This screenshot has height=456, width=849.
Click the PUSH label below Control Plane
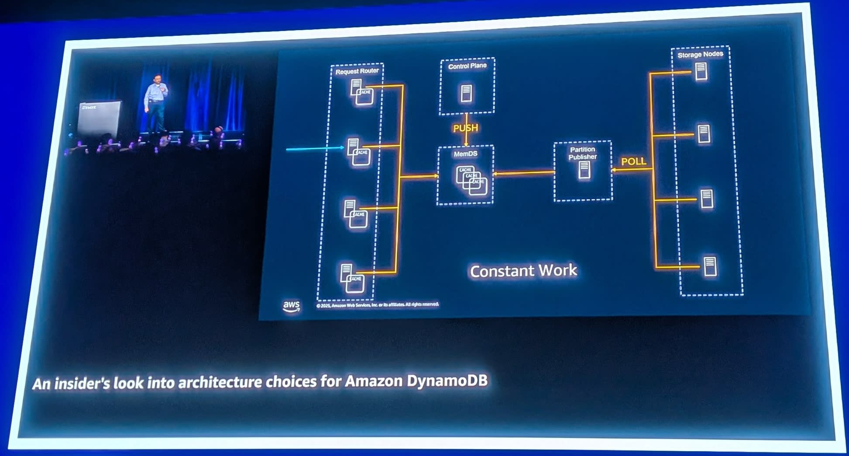465,128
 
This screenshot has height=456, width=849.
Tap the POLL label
633,161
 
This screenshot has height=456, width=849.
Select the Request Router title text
357,71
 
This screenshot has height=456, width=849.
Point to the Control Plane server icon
466,93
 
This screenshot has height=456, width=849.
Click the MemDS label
465,154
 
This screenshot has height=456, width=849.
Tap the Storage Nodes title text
700,55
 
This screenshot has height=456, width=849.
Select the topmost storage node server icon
701,72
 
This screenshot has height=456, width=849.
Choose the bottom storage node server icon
710,266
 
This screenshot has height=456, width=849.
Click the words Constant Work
523,271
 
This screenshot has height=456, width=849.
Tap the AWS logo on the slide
291,306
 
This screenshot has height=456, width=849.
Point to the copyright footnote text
378,305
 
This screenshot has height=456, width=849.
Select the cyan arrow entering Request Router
314,149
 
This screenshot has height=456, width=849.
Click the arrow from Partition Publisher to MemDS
524,173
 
